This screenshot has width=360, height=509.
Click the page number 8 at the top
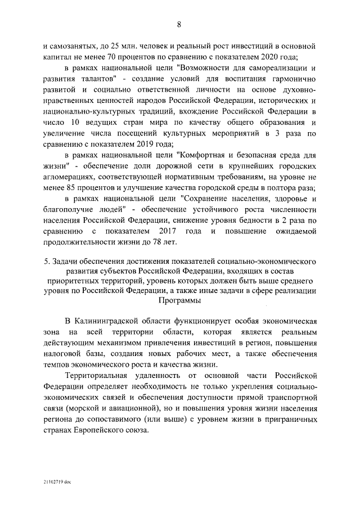click(x=179, y=24)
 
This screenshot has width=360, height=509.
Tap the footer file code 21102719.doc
click(x=56, y=483)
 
